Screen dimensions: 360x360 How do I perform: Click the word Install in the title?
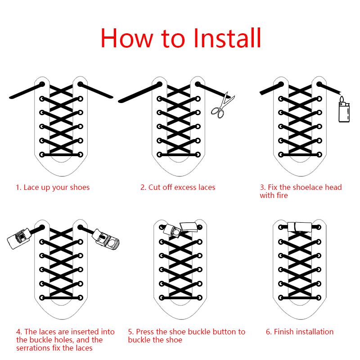[x=227, y=38]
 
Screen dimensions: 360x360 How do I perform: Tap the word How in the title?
[x=127, y=38]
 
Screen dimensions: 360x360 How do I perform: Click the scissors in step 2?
[x=222, y=105]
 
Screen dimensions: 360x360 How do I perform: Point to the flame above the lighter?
[x=342, y=99]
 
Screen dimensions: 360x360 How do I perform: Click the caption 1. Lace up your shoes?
[x=53, y=188]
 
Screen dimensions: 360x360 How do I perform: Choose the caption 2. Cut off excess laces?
[x=178, y=187]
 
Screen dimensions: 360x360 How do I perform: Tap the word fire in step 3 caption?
[x=283, y=195]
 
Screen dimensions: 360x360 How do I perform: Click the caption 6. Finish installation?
[x=300, y=332]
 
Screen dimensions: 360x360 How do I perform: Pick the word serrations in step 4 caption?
[x=33, y=348]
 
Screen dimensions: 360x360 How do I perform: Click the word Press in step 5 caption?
[x=145, y=332]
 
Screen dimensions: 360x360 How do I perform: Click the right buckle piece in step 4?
[x=106, y=240]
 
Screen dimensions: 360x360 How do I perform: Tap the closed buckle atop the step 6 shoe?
[x=300, y=227]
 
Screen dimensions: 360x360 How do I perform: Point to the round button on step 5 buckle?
[x=176, y=232]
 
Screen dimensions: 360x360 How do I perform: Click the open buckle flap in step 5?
[x=189, y=227]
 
